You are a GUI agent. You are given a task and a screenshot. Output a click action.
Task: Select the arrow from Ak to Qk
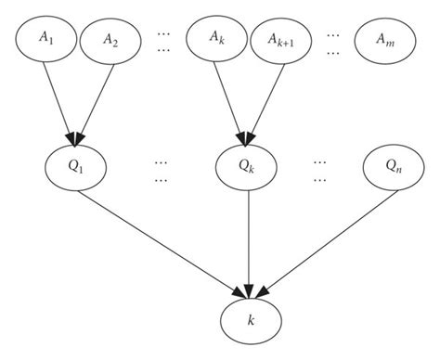230,98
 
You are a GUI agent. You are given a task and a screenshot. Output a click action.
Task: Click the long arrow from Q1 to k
162,238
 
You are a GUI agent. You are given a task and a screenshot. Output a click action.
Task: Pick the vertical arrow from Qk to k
248,241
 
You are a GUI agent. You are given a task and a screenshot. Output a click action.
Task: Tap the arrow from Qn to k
320,238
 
